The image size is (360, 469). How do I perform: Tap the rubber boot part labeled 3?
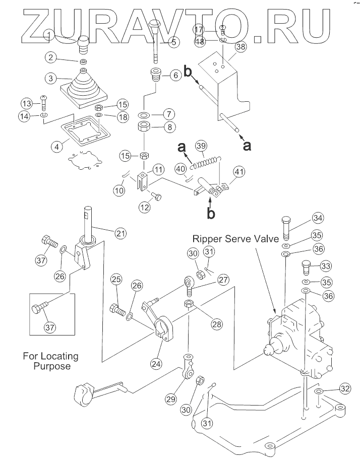[84, 91]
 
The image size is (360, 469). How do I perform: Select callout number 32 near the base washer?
[344, 388]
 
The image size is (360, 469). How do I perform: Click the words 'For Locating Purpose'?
[50, 361]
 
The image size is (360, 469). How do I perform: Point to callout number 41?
[239, 173]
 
